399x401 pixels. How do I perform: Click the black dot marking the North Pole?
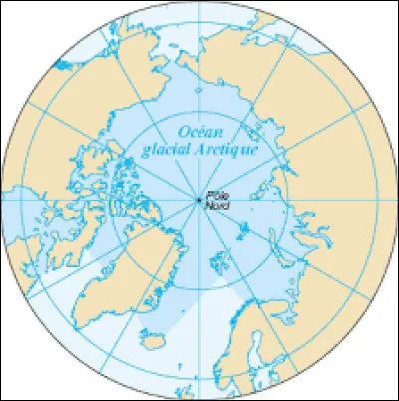click(199, 200)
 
